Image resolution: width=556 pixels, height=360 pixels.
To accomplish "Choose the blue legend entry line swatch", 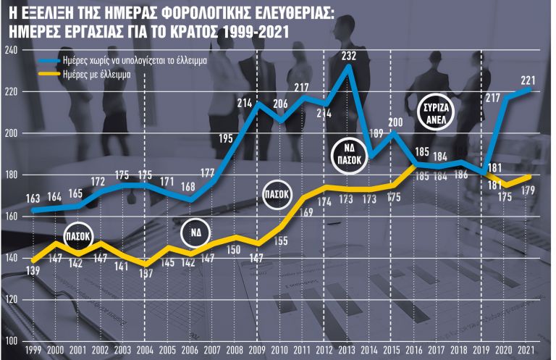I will coord(49,61).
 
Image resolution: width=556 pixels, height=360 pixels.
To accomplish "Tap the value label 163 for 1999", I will coord(33,198).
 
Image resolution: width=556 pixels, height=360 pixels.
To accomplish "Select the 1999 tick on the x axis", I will coord(33,350).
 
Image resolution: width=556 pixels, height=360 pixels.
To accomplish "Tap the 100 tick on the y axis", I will coord(11,340).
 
